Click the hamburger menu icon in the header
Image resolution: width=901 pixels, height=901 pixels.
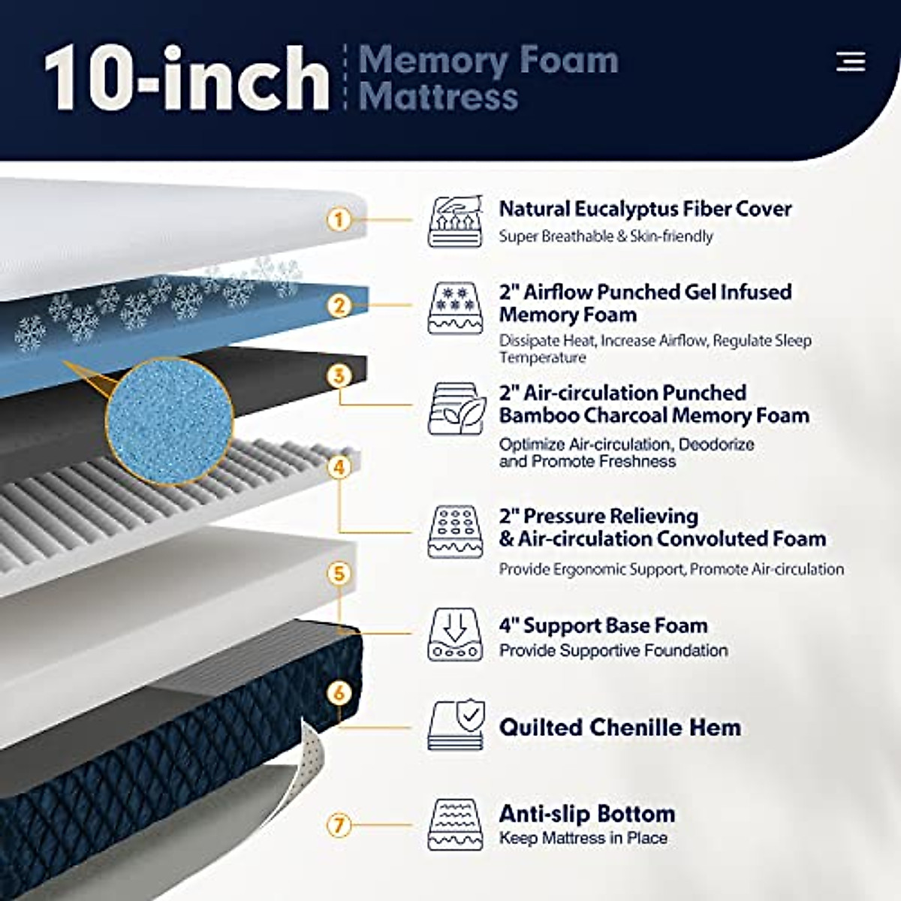point(851,62)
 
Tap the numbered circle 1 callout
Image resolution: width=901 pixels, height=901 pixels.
point(339,220)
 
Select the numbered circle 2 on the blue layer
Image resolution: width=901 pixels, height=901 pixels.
point(339,306)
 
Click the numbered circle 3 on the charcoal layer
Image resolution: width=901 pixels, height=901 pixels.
point(339,375)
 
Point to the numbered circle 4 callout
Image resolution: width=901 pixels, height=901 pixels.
point(339,467)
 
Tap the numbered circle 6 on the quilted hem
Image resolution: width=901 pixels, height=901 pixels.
point(339,692)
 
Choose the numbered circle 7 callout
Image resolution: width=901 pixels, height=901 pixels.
point(339,825)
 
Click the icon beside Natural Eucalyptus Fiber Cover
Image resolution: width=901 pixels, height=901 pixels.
point(455,221)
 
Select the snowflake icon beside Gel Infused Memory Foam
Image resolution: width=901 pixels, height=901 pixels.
point(455,308)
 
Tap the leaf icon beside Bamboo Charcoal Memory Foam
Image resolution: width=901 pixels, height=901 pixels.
point(455,409)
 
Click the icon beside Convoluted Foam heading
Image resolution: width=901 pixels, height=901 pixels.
point(455,532)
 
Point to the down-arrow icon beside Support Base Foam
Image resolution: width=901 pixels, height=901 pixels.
point(455,634)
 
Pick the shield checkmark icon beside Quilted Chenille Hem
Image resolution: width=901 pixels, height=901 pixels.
point(455,725)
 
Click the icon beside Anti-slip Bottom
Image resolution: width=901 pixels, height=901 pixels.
point(455,824)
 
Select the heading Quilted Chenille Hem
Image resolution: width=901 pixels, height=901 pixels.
point(620,727)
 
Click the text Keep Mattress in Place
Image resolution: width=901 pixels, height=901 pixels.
point(583,838)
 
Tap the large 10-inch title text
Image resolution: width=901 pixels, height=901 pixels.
point(186,79)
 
